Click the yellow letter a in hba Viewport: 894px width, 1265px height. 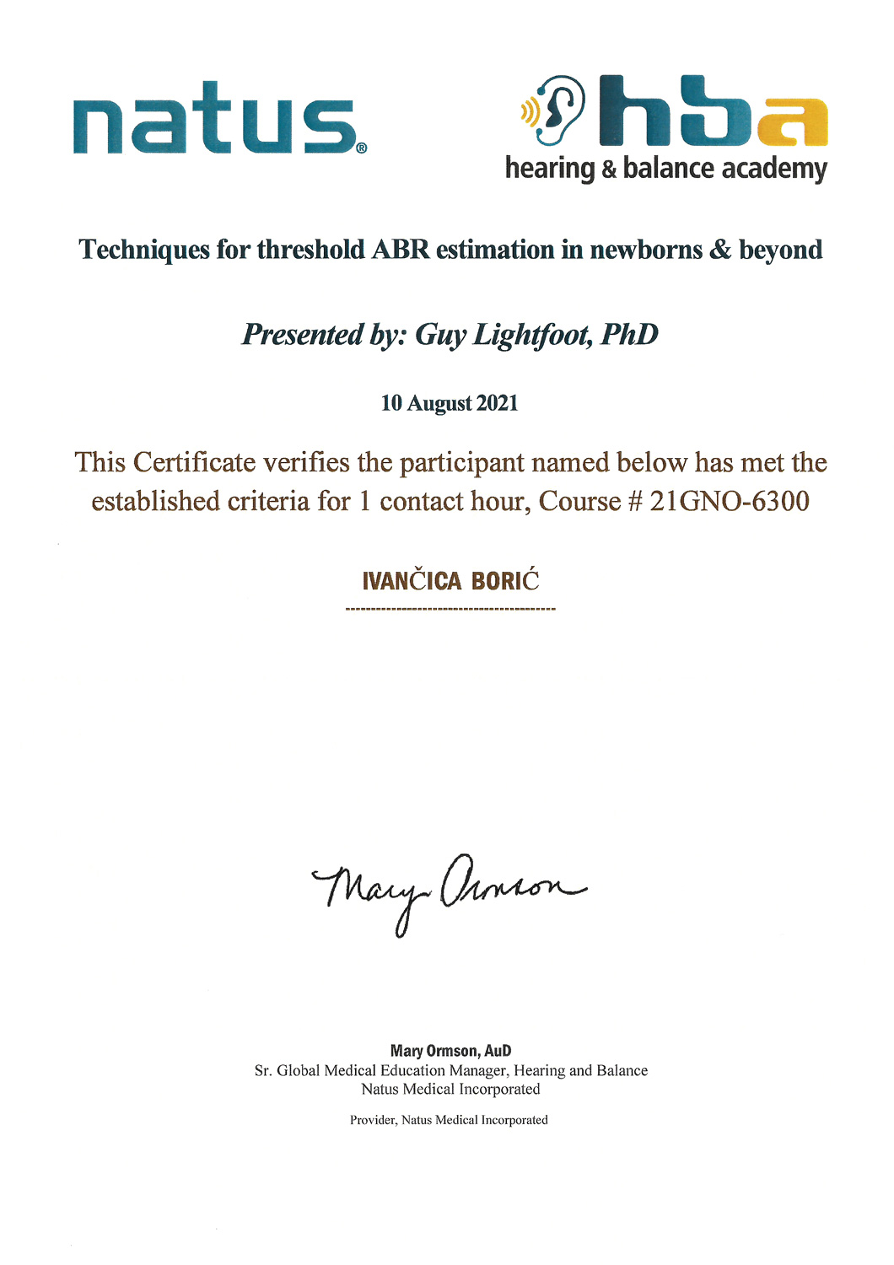point(792,121)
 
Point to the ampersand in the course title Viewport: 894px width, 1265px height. point(720,250)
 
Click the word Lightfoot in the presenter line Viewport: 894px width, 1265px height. point(532,335)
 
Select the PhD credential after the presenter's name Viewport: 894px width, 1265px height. point(629,335)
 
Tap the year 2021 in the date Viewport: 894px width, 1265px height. point(497,403)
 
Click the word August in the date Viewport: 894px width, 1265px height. point(439,403)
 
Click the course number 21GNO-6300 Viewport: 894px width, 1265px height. point(730,502)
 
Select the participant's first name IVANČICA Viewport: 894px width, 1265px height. point(412,582)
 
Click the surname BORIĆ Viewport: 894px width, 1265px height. point(505,581)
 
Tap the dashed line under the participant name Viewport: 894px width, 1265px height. point(450,609)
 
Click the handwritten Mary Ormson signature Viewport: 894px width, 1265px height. point(448,891)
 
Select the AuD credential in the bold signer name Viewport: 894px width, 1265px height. point(498,1051)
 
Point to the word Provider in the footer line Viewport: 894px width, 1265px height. point(372,1120)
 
